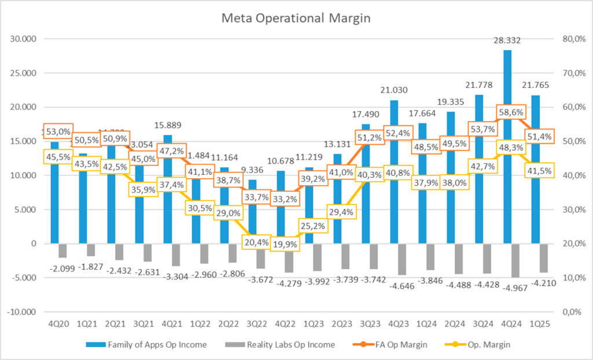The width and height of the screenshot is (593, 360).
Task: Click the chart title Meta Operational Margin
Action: click(296, 18)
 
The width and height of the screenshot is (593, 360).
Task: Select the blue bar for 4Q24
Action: click(507, 145)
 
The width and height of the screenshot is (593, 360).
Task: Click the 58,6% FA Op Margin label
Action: click(508, 112)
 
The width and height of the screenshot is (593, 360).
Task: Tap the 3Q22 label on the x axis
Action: click(252, 326)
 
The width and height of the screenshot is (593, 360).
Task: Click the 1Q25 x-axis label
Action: click(536, 326)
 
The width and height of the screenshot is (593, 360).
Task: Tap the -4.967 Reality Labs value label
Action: click(507, 288)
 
